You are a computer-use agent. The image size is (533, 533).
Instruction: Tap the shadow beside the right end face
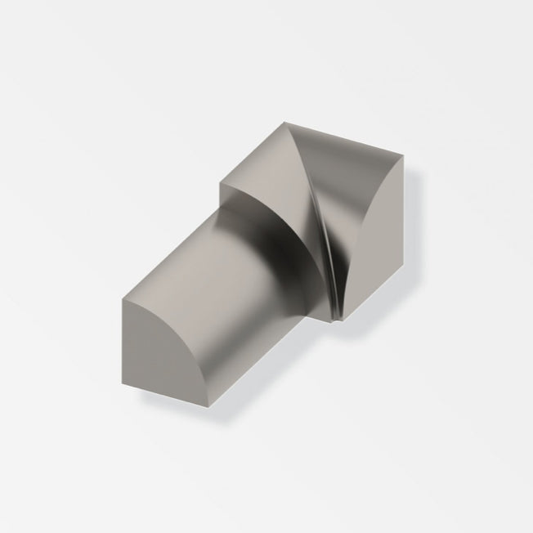point(414,245)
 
